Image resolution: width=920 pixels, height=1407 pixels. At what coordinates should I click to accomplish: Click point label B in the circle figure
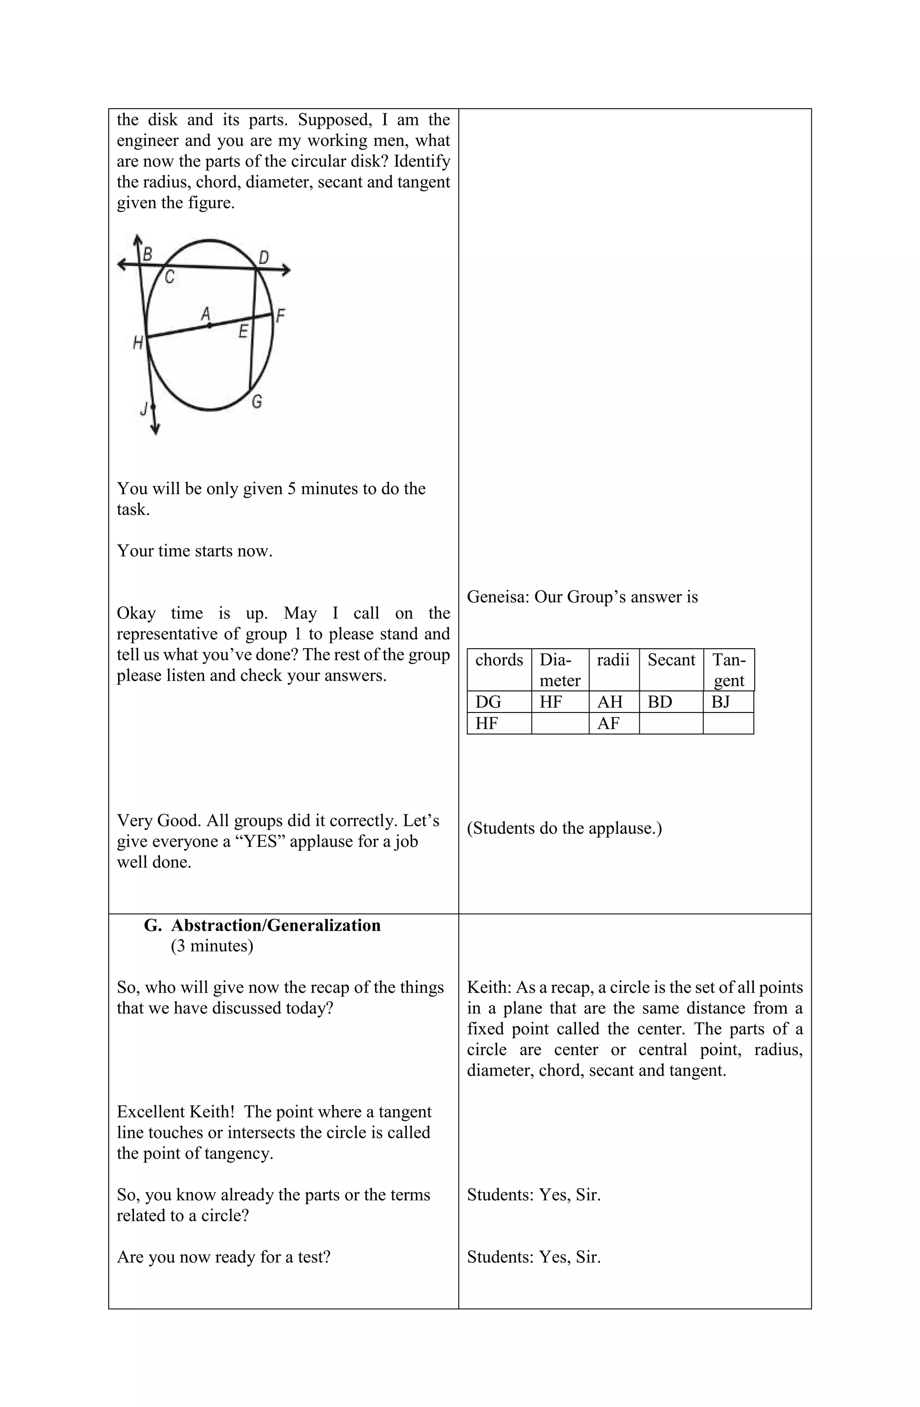coord(148,255)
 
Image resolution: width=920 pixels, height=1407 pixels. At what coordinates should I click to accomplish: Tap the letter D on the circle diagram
coord(264,257)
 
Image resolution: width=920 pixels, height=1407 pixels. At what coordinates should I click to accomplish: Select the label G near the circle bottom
coord(257,402)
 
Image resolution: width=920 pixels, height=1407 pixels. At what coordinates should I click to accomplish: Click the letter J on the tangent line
coord(144,408)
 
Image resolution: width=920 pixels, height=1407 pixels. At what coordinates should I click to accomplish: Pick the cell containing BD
coord(659,702)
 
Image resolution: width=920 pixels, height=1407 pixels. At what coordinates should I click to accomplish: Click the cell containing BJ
coord(721,702)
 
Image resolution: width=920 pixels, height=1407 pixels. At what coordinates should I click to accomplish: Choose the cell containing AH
coord(610,702)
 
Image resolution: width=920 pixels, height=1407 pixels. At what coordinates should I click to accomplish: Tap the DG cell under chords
coord(488,702)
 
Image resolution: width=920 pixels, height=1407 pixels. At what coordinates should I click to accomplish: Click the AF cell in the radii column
coord(608,723)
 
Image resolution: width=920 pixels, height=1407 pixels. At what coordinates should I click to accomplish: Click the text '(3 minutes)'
coord(212,946)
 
